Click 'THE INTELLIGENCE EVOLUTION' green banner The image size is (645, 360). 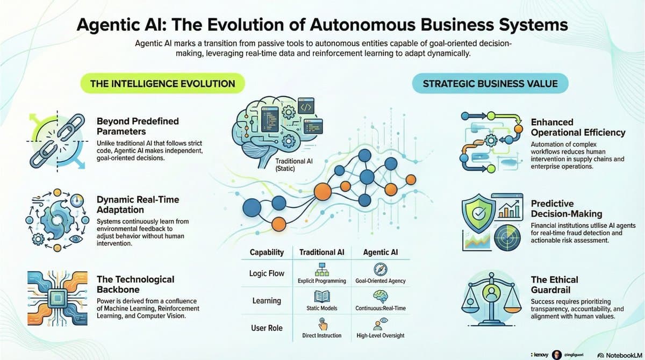[x=162, y=84]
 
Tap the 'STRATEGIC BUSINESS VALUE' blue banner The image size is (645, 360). [x=490, y=84]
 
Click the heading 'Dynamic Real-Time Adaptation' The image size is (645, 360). [x=138, y=205]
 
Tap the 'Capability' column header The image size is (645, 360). [x=267, y=252]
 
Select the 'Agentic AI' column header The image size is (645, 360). [x=381, y=252]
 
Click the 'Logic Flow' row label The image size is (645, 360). [x=267, y=273]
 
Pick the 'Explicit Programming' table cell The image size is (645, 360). [x=321, y=280]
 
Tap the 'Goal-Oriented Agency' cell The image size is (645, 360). [x=381, y=280]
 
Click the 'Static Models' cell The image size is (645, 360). [x=321, y=308]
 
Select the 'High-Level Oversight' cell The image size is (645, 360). [x=381, y=335]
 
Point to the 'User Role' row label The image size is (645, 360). [x=267, y=328]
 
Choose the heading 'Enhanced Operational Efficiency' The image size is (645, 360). [x=578, y=127]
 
